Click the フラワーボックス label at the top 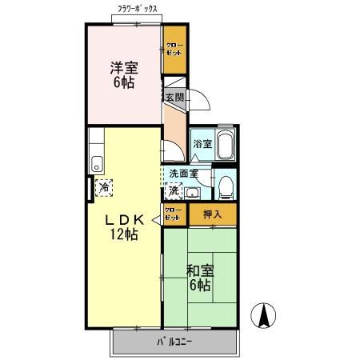(138, 9)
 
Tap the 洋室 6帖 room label (122, 74)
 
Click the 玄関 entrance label (174, 97)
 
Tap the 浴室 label (202, 144)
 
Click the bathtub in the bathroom (226, 145)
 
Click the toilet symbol (226, 186)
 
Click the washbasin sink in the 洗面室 (192, 191)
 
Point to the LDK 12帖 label (123, 226)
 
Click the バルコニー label (174, 342)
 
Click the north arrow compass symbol (263, 315)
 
